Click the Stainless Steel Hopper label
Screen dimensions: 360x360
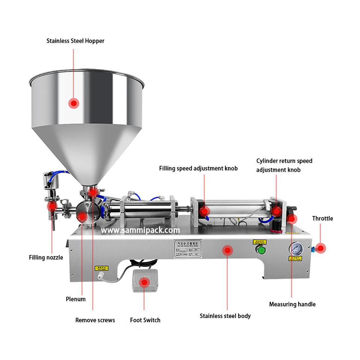tap(75, 40)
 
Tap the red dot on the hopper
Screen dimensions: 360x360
tap(74, 103)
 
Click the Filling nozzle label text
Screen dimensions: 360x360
tap(46, 258)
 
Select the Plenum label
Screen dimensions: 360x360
tap(76, 299)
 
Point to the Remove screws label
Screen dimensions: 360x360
tap(95, 320)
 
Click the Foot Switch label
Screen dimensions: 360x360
tap(145, 320)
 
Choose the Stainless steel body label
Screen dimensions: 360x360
tap(225, 316)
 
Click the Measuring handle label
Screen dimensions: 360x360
tap(292, 304)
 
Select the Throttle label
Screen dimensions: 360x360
tap(322, 218)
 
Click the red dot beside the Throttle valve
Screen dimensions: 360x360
tap(321, 247)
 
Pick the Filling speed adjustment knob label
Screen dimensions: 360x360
tap(198, 168)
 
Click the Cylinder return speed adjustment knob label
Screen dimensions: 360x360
tap(284, 165)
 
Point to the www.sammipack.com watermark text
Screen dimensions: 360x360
tap(141, 230)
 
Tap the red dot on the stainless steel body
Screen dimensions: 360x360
tap(227, 250)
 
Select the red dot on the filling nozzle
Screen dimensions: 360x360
tap(51, 206)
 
